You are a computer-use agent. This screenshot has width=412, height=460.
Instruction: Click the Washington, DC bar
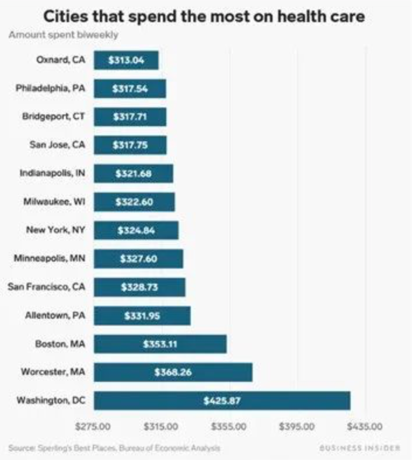click(222, 400)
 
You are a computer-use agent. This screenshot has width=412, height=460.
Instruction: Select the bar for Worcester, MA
click(173, 372)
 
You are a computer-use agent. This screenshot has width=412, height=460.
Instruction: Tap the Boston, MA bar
click(160, 344)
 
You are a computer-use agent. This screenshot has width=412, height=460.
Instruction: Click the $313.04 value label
click(127, 60)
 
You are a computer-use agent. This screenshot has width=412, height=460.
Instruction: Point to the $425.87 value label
click(222, 400)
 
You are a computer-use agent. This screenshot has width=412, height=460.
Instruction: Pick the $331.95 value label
click(142, 315)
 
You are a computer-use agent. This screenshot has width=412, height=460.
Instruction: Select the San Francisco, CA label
click(47, 287)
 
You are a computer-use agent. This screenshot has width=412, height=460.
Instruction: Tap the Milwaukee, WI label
click(54, 201)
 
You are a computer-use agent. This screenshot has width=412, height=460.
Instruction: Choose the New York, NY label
click(56, 230)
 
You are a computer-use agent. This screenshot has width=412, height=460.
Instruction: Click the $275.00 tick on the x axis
click(94, 427)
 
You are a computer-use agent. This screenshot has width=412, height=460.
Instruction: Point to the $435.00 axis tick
click(365, 427)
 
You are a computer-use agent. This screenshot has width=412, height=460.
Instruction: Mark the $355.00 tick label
click(229, 427)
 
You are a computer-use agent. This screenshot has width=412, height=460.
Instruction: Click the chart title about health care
click(206, 16)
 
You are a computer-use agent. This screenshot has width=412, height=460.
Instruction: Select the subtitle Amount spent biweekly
click(64, 34)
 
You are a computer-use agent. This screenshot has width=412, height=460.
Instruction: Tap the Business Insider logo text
click(360, 448)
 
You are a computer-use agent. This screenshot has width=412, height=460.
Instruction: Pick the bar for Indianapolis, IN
click(133, 173)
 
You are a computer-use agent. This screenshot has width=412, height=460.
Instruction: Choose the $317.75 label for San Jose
click(130, 145)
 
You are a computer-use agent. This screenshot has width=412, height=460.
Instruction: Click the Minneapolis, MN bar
click(138, 259)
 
